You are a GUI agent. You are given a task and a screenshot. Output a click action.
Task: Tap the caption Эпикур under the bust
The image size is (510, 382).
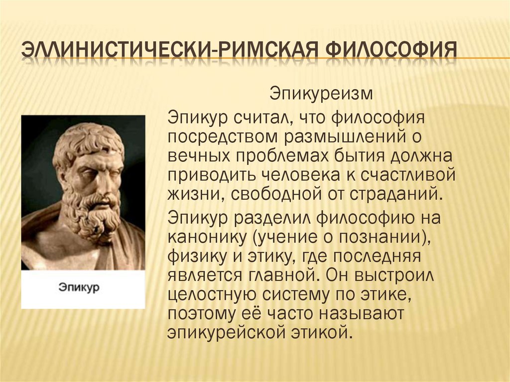(x=80, y=288)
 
